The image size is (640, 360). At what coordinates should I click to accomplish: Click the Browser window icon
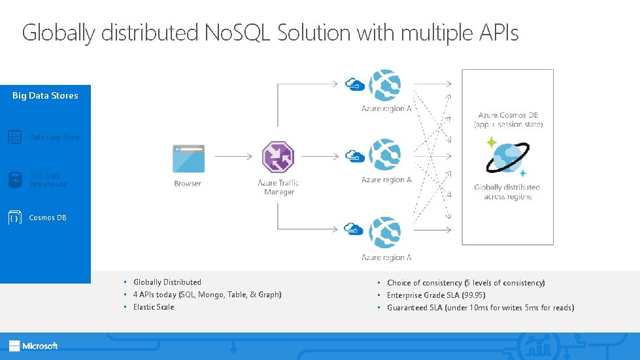click(x=188, y=158)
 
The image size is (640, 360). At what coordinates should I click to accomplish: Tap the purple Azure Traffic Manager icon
click(x=278, y=157)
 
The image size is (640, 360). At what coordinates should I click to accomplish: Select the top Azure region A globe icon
click(x=385, y=85)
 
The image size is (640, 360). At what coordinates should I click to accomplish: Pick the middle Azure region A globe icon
click(x=385, y=156)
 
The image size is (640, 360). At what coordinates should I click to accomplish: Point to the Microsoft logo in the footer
click(x=34, y=346)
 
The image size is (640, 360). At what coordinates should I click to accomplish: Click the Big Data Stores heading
click(x=45, y=95)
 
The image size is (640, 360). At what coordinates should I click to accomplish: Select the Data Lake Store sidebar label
click(x=54, y=137)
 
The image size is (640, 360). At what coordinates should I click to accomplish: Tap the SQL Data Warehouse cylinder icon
click(x=15, y=180)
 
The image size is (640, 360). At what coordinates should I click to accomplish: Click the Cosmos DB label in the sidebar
click(x=48, y=218)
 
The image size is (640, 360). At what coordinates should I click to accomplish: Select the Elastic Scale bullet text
click(x=154, y=307)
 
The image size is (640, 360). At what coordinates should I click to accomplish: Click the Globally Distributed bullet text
click(x=167, y=282)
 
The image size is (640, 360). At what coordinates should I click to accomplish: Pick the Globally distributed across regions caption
click(x=507, y=192)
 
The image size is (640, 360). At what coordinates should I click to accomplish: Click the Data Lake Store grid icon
click(x=15, y=137)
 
